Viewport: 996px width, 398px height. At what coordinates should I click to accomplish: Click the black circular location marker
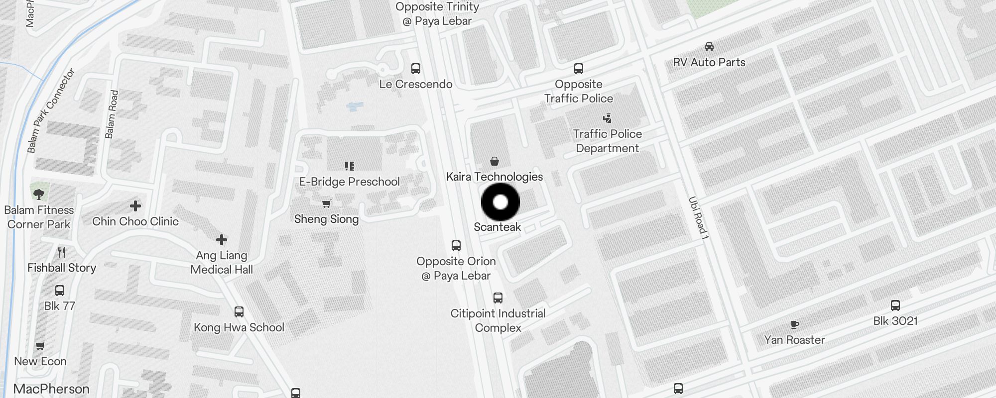(x=500, y=202)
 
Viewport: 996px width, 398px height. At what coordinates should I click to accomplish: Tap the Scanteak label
(x=497, y=227)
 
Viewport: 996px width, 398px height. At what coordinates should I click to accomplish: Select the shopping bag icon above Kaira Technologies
(x=495, y=161)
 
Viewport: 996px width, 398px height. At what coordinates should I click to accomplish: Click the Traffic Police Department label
(x=607, y=141)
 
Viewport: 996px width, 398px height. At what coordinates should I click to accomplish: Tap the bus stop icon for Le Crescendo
(x=416, y=69)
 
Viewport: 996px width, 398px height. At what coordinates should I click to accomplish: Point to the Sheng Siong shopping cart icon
(x=327, y=203)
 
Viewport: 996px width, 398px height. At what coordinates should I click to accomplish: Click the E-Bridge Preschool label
(x=349, y=182)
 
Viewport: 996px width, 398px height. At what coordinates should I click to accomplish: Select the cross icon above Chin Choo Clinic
(x=135, y=206)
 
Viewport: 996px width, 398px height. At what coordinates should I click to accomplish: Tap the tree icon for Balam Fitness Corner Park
(x=39, y=194)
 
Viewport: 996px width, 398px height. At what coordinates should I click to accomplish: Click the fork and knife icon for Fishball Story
(x=62, y=252)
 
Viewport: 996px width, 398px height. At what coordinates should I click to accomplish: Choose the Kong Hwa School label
(x=239, y=327)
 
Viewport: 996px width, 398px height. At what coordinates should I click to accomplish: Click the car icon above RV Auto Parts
(x=709, y=47)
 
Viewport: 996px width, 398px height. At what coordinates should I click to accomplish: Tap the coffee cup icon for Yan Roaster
(x=795, y=325)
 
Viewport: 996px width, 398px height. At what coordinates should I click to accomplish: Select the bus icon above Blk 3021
(x=895, y=305)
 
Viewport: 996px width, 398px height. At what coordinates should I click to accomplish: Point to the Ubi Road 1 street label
(x=698, y=218)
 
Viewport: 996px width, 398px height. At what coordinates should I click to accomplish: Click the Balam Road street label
(x=112, y=114)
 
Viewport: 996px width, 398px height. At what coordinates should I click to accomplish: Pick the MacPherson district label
(x=51, y=389)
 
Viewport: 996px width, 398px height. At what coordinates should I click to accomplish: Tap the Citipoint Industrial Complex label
(x=498, y=320)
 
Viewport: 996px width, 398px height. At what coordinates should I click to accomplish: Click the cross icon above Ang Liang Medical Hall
(x=222, y=240)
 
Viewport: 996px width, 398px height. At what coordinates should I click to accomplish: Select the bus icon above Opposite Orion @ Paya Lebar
(x=456, y=246)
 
